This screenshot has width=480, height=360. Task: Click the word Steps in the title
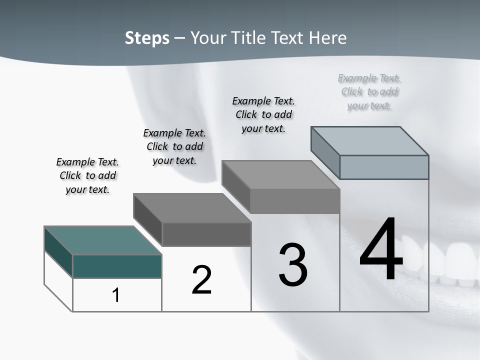point(147,38)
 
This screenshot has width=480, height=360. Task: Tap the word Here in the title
point(327,38)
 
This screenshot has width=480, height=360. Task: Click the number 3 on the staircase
point(293,265)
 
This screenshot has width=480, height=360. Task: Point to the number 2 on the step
point(201,279)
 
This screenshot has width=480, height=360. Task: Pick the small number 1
point(116,295)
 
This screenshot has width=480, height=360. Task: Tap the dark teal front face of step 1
point(117,266)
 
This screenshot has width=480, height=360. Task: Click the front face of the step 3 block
point(295,201)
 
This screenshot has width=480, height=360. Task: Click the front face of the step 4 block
point(384,167)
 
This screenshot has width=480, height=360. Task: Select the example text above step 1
point(87,175)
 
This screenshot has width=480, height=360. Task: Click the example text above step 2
point(174,146)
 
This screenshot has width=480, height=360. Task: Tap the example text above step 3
point(263,114)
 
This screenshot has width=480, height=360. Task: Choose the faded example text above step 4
point(369,91)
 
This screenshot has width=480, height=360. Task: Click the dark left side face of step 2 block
point(148,219)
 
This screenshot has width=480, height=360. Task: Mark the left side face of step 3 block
point(236,186)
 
